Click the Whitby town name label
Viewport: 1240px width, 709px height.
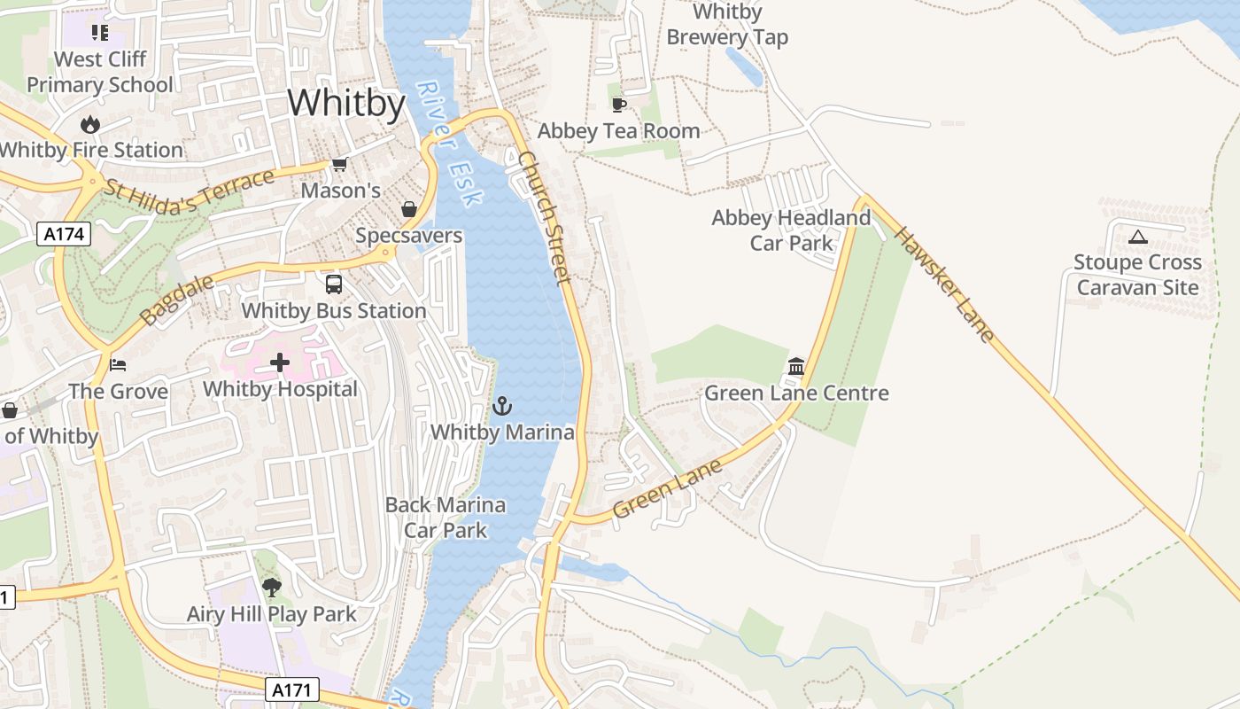click(x=346, y=104)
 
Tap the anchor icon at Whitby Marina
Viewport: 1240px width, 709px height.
click(x=502, y=406)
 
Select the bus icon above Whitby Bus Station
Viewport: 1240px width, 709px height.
click(x=334, y=284)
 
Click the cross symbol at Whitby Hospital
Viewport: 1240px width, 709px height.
click(x=280, y=362)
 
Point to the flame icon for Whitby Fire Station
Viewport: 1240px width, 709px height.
click(x=90, y=124)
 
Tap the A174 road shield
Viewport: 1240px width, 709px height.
click(x=64, y=234)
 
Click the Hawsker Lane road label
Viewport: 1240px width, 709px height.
click(x=944, y=284)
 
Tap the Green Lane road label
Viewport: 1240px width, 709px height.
click(x=668, y=488)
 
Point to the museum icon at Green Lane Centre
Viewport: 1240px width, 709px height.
click(x=796, y=366)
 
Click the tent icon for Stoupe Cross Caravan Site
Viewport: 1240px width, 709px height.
click(x=1138, y=237)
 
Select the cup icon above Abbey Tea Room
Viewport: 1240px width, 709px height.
click(x=619, y=105)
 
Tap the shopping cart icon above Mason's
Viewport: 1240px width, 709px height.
click(x=339, y=164)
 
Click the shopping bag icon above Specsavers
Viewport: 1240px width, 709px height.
click(x=409, y=209)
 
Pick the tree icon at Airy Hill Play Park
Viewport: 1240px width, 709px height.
click(x=271, y=587)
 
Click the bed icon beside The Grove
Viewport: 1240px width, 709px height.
click(x=118, y=364)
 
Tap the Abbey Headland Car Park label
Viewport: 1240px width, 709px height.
click(x=791, y=230)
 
